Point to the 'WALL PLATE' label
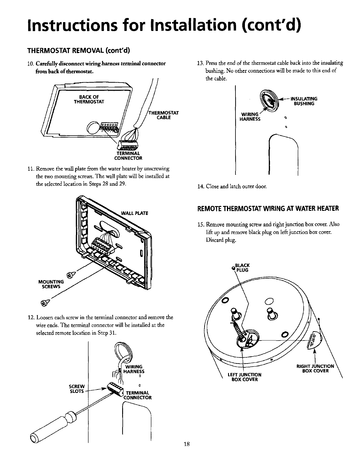pos(134,213)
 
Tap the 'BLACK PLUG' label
pos(243,267)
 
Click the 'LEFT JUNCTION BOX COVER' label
pos(245,377)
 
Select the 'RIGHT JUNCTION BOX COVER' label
pos(315,369)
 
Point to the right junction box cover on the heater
pos(315,339)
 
